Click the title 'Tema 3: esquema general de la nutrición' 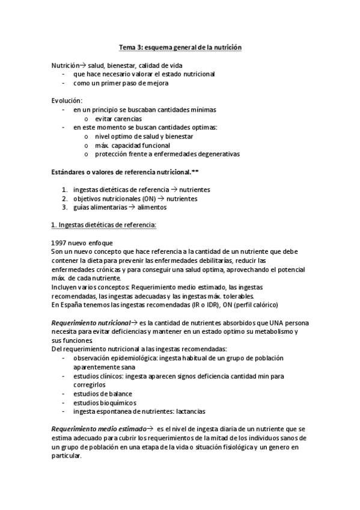pos(180,47)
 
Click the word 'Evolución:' pos(67,100)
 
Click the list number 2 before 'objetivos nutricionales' pos(64,198)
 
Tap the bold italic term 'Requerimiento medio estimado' pos(99,429)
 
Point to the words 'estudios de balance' pos(103,394)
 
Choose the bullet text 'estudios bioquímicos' pos(105,403)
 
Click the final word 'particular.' pos(67,456)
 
